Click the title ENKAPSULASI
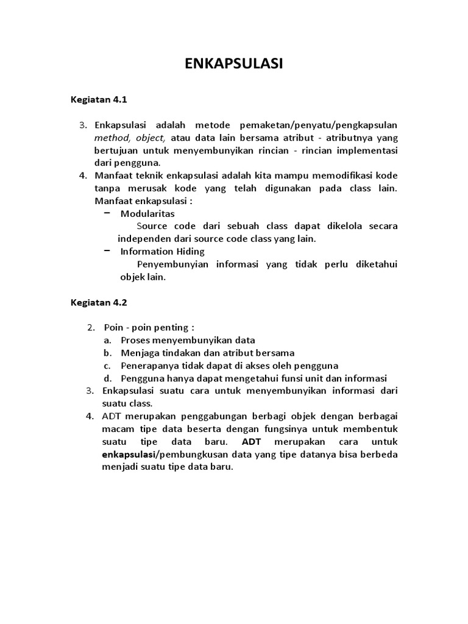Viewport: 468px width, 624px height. click(234, 65)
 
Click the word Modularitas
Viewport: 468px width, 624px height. click(147, 213)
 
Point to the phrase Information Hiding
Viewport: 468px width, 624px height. click(163, 251)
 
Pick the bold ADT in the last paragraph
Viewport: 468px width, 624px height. click(251, 442)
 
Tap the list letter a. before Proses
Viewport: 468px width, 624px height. click(107, 340)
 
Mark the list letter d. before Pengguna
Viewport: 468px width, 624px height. click(107, 378)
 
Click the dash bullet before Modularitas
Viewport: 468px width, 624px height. click(107, 213)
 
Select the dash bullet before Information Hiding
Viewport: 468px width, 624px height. click(107, 250)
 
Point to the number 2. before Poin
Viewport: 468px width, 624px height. click(91, 327)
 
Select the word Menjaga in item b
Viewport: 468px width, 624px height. click(138, 353)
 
